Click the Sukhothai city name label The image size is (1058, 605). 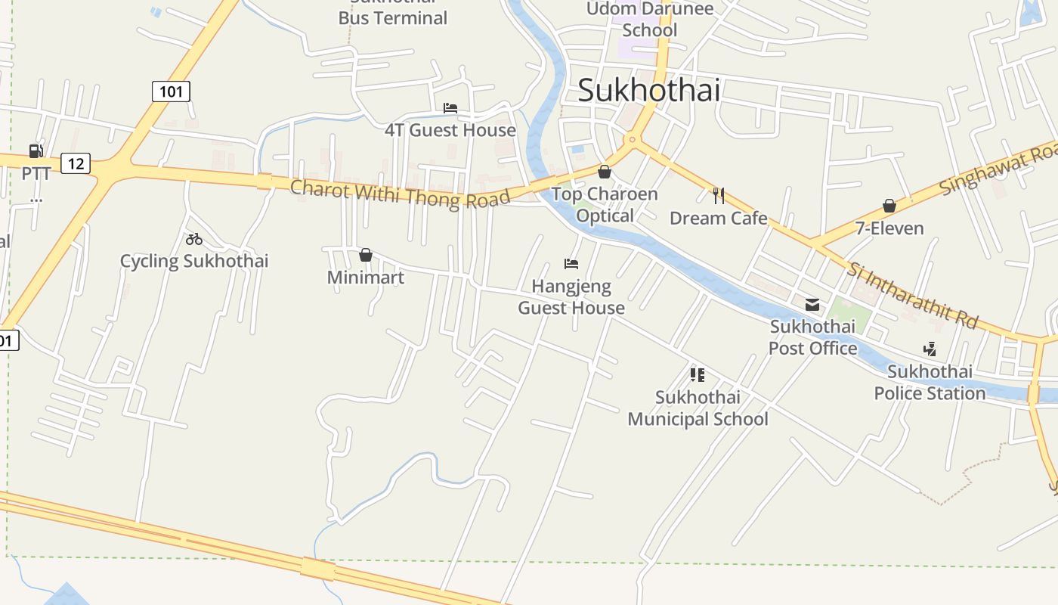point(648,91)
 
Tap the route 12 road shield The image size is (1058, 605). point(75,163)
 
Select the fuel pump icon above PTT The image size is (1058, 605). point(36,151)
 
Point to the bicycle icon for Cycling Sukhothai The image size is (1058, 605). point(194,239)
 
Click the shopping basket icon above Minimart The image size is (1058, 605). point(366,255)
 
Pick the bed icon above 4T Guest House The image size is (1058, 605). point(450,108)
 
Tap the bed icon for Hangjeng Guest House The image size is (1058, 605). point(571,264)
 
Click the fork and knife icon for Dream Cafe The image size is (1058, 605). point(718,196)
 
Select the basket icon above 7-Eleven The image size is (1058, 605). point(889,206)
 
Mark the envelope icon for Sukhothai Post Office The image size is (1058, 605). point(812,305)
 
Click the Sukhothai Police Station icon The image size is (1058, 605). point(930,349)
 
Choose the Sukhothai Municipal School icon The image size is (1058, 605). point(698,374)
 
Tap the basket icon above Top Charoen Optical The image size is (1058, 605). point(604,172)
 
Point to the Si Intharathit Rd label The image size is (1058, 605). point(912,295)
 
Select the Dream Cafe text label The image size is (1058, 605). point(718,219)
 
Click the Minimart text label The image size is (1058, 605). point(366,278)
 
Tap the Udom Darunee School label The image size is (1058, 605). point(650,20)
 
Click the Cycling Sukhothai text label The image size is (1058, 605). point(194,262)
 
